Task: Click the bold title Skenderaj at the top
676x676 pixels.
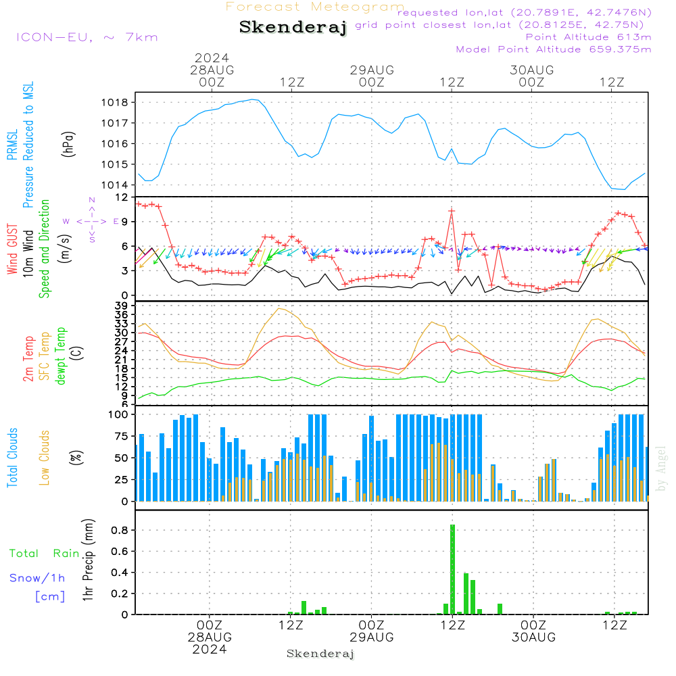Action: [293, 28]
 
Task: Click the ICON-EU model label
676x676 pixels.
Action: [87, 37]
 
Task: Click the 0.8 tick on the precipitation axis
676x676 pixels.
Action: [121, 531]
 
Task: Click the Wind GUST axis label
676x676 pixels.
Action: [12, 249]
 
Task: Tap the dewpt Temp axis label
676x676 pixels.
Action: [61, 356]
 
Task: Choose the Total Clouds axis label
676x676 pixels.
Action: [12, 458]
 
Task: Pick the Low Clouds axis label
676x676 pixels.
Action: [45, 458]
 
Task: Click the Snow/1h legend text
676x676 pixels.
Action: [38, 578]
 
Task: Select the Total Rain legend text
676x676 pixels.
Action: [45, 553]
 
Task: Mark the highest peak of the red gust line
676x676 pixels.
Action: [452, 210]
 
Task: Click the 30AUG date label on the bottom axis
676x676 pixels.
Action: [533, 637]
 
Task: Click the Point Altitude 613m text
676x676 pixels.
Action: [588, 37]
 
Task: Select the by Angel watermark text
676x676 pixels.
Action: [661, 468]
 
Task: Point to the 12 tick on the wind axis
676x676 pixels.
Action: [122, 197]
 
